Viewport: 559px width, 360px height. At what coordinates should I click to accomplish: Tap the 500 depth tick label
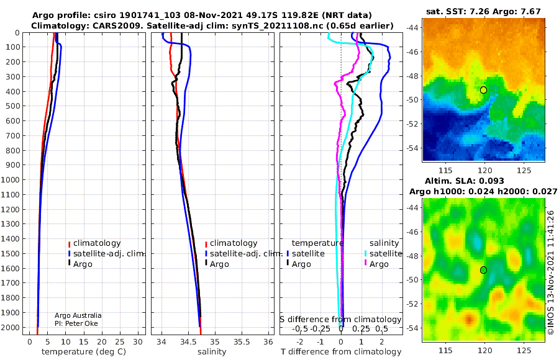click(13, 106)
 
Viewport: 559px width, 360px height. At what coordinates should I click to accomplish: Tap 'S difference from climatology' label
click(340, 319)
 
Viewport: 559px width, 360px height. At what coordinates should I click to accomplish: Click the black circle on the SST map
click(483, 90)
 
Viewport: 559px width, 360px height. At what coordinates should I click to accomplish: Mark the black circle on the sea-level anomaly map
click(483, 270)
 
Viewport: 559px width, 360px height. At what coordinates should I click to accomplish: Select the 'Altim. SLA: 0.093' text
click(484, 180)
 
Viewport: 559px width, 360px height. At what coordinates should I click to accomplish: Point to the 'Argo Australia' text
click(78, 315)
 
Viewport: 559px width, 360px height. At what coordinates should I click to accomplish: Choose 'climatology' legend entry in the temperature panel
click(97, 243)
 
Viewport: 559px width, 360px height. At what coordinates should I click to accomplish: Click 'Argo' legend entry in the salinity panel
click(220, 264)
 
